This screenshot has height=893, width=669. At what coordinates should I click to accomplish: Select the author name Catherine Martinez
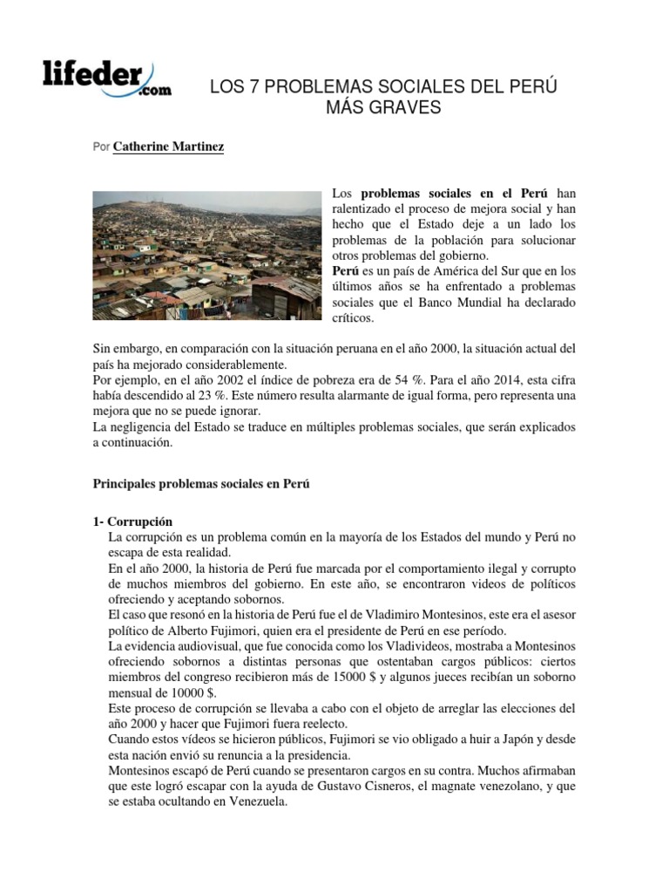point(168,147)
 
